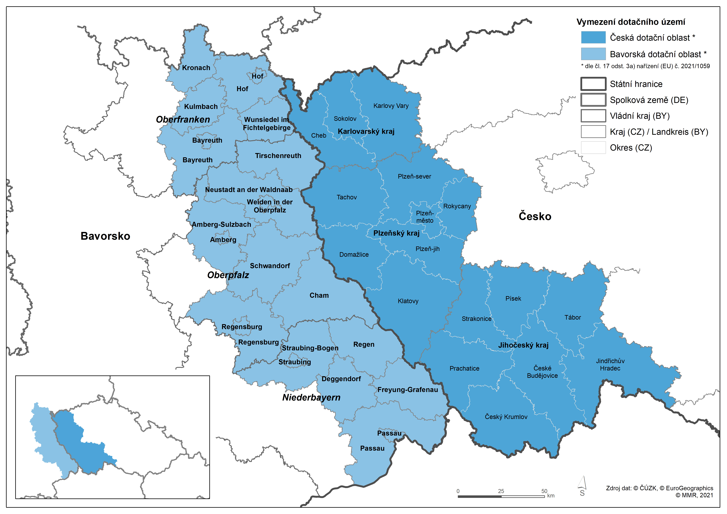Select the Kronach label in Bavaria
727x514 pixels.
tap(196, 68)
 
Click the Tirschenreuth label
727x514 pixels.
tap(278, 156)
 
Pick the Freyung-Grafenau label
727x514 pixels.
tap(408, 390)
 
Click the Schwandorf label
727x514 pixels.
tap(270, 266)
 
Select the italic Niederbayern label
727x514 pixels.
tap(311, 398)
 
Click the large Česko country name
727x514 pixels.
tap(535, 217)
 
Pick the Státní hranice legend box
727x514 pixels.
tap(593, 84)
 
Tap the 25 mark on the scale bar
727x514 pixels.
tap(501, 491)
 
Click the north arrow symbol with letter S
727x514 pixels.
tap(582, 486)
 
